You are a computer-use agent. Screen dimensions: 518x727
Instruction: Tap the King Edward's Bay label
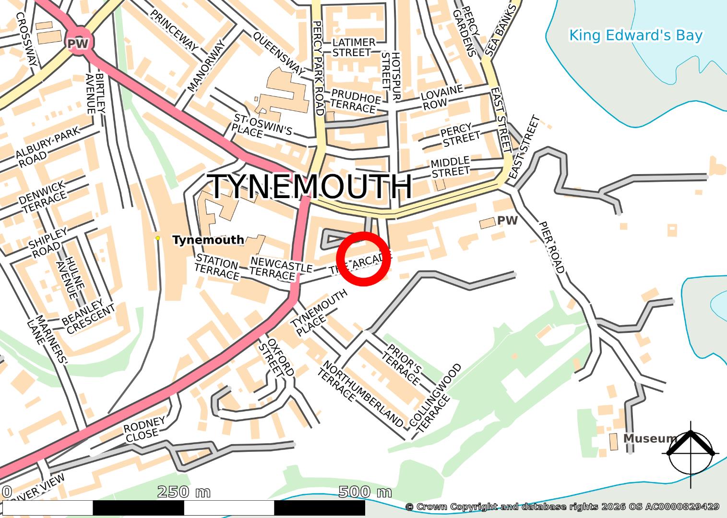click(x=635, y=35)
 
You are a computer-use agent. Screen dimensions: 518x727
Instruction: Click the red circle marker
click(x=364, y=259)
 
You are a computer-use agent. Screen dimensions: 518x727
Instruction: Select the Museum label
click(x=650, y=438)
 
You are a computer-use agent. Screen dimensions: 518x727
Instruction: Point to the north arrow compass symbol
click(x=691, y=453)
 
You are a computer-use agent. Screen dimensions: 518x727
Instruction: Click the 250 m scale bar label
click(x=184, y=492)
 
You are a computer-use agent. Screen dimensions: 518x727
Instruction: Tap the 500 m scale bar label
click(x=365, y=492)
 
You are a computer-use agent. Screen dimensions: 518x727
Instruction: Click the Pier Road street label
click(x=552, y=247)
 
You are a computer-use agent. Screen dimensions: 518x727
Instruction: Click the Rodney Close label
click(x=144, y=429)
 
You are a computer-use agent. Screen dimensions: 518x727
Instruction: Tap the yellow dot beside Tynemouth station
click(x=157, y=238)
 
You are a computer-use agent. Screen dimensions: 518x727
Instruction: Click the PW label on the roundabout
click(x=77, y=44)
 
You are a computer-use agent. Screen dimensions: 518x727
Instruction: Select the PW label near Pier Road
click(x=508, y=220)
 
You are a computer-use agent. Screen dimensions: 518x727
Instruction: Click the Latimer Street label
click(x=353, y=47)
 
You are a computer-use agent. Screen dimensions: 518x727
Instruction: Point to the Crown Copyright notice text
click(x=562, y=506)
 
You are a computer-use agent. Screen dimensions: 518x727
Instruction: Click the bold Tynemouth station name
click(x=208, y=240)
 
